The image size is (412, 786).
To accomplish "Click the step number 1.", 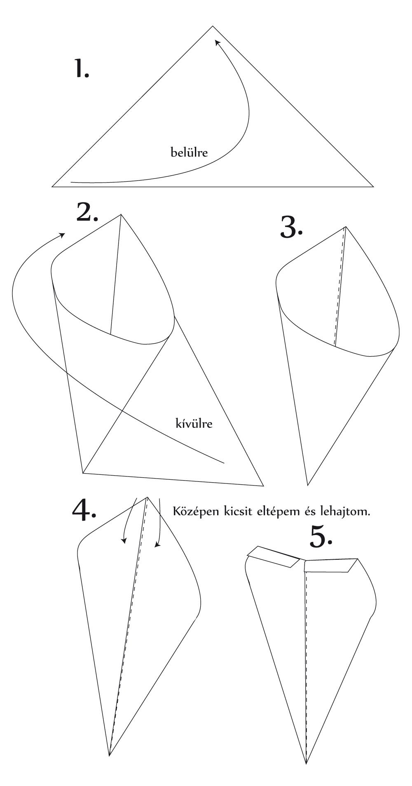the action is coord(81,68).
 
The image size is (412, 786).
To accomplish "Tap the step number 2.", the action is coord(87,212).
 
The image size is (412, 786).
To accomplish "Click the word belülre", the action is coord(190,153).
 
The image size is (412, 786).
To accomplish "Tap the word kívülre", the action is coord(194,423).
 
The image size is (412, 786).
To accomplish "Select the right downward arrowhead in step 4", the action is coord(157,545).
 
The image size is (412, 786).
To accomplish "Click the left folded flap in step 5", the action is coord(274,556).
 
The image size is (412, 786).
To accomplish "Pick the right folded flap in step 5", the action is coord(331,565).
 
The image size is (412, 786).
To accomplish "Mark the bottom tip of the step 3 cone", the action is coord(308,485).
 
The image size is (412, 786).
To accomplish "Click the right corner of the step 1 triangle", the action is coord(373,186).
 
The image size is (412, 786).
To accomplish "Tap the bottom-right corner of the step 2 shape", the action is coord(263,486).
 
